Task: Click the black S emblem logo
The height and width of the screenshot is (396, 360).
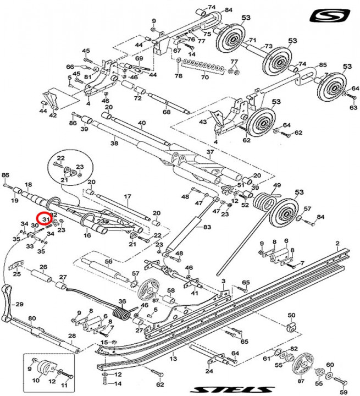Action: coord(329,15)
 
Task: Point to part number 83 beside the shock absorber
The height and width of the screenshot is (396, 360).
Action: coord(207,227)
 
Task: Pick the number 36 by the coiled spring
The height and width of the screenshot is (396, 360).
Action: coord(122,301)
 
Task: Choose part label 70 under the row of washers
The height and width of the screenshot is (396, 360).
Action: coord(204,78)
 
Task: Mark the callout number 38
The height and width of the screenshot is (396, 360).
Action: coord(114,143)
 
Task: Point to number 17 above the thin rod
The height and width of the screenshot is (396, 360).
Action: coord(126,196)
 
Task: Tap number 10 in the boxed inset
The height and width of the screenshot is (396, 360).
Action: coord(36,381)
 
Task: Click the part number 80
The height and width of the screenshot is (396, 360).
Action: coord(32,318)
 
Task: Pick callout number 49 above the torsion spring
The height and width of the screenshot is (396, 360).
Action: coord(277,185)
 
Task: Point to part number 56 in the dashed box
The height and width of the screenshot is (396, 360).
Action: coord(109,261)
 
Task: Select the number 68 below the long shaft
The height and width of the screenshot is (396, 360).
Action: coord(167,113)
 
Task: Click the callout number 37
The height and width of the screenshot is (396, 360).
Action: coord(209,152)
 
